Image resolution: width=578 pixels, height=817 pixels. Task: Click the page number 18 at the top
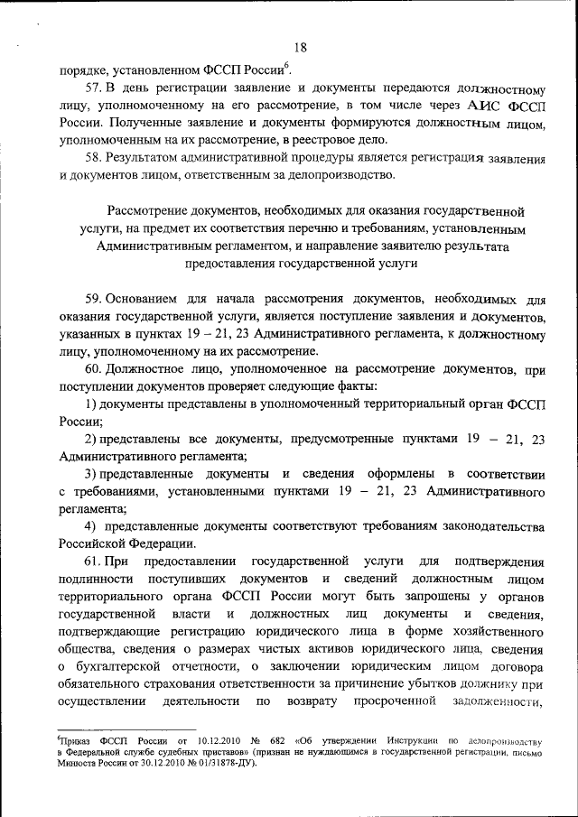[301, 49]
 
